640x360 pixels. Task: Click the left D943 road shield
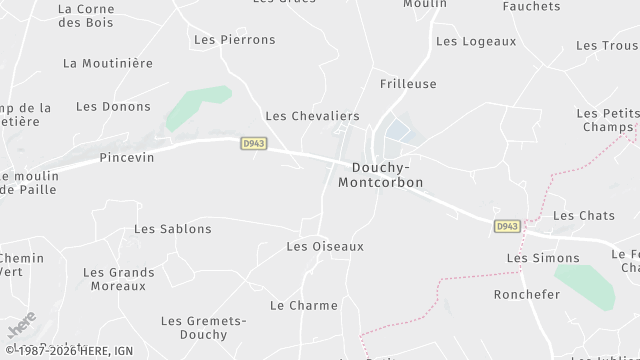pos(253,144)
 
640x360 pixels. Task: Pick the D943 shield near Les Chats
pos(507,227)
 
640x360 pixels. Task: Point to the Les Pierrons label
pos(234,40)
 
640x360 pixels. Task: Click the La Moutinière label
pos(107,62)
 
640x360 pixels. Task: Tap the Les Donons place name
pos(113,106)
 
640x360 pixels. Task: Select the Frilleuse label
pos(408,84)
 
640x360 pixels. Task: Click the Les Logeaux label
pos(476,41)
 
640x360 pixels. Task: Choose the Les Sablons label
pos(173,229)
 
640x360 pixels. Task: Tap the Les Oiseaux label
pos(325,246)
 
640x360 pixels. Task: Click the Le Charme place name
pos(304,305)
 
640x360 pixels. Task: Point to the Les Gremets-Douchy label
pos(204,328)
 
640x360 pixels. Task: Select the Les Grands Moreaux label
pos(119,279)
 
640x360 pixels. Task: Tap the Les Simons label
pos(529,258)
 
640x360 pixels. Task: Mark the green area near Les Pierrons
pos(195,107)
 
